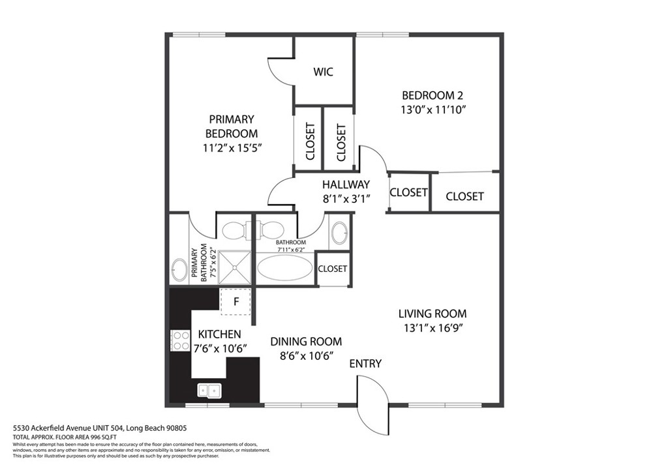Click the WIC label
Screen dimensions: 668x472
point(323,72)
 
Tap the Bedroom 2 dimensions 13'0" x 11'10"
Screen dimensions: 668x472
point(433,110)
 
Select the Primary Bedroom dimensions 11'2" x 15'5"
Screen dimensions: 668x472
point(232,148)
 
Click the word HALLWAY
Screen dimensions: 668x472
point(346,184)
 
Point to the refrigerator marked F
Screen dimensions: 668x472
point(235,301)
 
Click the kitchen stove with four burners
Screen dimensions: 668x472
point(180,340)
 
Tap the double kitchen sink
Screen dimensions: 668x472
point(209,391)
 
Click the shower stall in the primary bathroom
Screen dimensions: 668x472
point(235,267)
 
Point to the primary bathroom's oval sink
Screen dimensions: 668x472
point(179,270)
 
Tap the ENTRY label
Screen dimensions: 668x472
point(365,364)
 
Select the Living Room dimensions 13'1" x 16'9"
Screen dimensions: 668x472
point(433,328)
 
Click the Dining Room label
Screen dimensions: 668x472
point(306,342)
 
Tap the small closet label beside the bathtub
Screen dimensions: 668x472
point(332,269)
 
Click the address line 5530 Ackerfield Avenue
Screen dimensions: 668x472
point(100,428)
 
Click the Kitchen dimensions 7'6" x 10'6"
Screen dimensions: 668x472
point(220,349)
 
